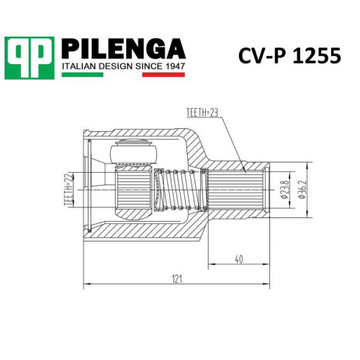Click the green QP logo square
coord(30,58)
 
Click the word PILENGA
coord(124,49)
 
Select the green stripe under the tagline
coord(82,75)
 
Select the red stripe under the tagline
coord(163,75)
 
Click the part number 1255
coord(317,56)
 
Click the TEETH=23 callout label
coord(202,113)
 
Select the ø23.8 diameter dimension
coord(285,190)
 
